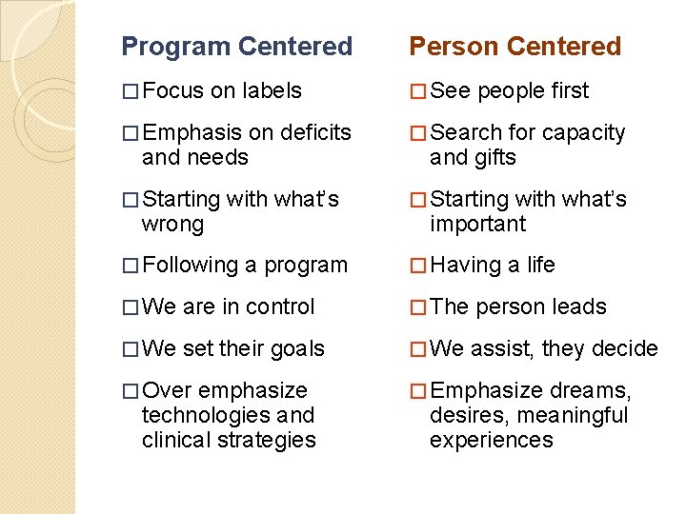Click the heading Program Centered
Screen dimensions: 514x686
click(237, 47)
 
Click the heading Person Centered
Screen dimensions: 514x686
click(514, 47)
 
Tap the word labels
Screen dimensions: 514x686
click(272, 91)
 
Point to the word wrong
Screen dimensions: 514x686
click(172, 225)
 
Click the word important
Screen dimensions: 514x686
click(477, 225)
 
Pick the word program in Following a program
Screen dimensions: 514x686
click(306, 267)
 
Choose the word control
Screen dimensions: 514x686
click(280, 307)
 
